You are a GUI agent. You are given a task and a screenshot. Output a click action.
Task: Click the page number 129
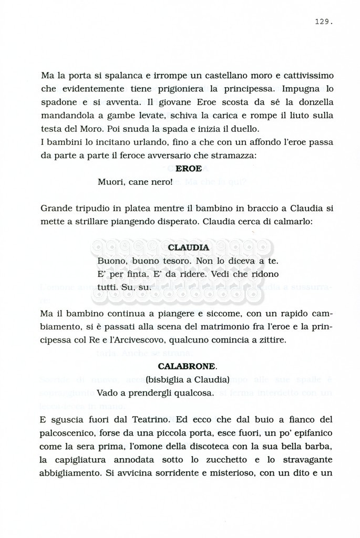tap(324, 22)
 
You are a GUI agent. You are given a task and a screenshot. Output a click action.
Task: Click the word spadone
tap(58, 102)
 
